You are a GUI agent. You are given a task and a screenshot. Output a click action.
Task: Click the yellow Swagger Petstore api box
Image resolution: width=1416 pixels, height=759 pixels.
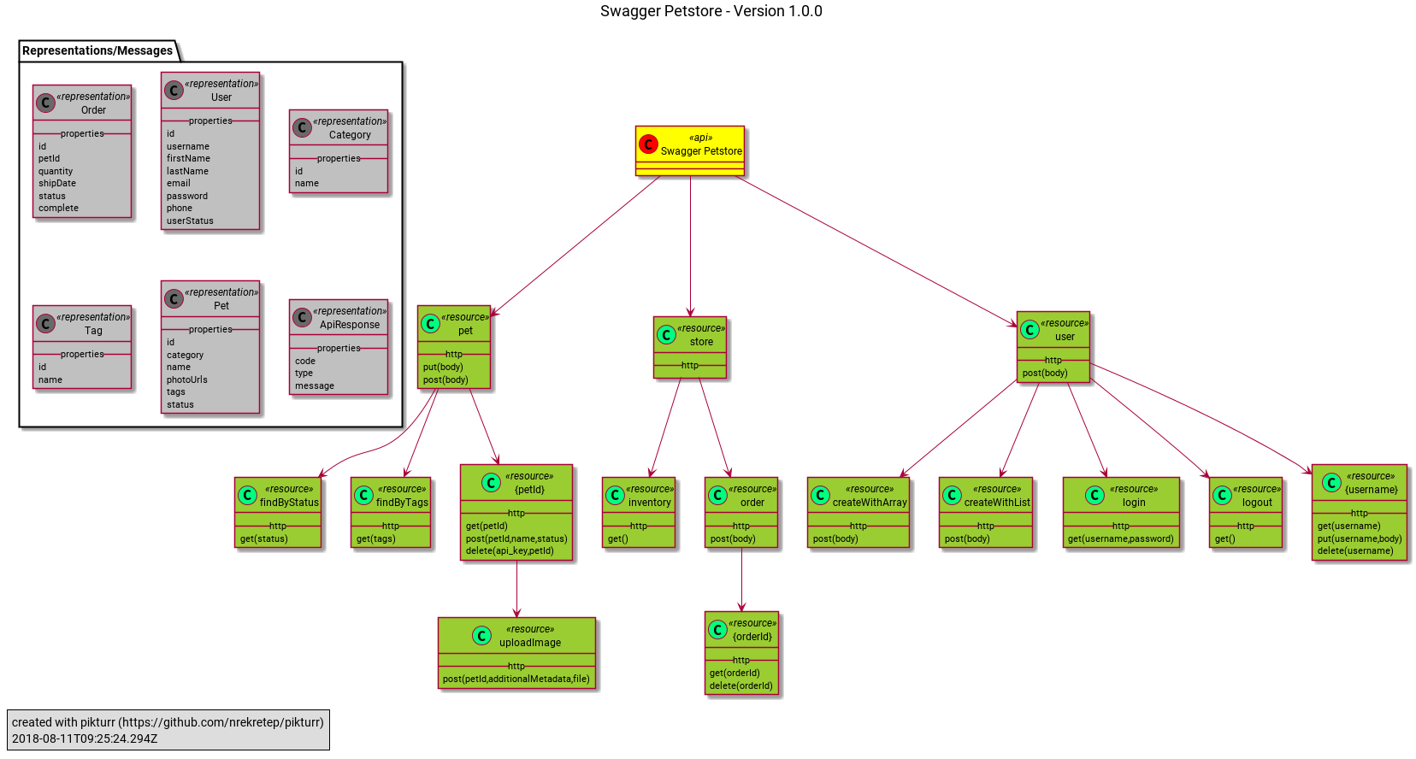[x=689, y=151]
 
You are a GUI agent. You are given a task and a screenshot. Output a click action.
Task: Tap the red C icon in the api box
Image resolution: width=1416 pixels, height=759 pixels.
[x=648, y=144]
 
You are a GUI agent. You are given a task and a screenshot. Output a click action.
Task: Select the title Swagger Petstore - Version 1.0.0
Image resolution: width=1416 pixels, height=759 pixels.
[x=711, y=11]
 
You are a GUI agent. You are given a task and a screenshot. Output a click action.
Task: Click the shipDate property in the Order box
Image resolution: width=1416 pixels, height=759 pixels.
[x=57, y=183]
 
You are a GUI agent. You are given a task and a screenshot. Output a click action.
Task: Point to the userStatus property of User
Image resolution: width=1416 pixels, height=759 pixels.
[x=190, y=221]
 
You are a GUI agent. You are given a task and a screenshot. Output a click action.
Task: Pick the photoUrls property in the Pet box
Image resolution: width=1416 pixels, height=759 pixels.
[x=187, y=379]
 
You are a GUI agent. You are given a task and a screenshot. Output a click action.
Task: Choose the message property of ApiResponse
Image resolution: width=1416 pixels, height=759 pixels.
[x=315, y=385]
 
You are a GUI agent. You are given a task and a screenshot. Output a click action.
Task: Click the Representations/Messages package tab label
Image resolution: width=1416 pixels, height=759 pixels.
[x=97, y=50]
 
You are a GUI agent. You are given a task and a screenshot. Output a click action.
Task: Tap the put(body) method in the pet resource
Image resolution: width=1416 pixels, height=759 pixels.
[x=443, y=367]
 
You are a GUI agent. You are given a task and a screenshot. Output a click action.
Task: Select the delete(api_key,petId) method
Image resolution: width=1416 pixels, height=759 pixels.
[x=510, y=550]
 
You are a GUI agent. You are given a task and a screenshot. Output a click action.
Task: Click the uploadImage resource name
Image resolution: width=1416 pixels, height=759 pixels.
[x=530, y=643]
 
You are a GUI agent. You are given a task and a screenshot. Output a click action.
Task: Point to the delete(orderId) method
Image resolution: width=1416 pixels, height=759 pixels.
[x=741, y=685]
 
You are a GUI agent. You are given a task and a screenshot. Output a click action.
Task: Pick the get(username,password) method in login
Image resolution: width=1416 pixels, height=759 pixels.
[x=1120, y=538]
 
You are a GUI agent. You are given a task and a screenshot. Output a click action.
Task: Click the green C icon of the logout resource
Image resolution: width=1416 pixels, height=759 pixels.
[x=1223, y=495]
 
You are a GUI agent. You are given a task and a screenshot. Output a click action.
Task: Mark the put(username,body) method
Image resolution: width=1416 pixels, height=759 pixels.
[x=1360, y=538]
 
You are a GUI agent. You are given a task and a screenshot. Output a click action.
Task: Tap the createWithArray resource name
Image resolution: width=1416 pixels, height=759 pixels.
[x=870, y=503]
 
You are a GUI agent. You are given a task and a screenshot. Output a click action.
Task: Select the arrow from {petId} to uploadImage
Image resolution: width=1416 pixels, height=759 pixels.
[x=516, y=589]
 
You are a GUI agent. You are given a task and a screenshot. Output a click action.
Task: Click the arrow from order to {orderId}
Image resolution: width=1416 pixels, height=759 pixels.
[x=741, y=580]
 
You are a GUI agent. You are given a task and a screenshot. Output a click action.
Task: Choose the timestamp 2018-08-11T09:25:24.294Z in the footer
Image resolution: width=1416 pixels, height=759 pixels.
[x=85, y=738]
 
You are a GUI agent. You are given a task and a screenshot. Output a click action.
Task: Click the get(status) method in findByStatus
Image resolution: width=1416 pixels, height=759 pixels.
[x=264, y=538]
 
